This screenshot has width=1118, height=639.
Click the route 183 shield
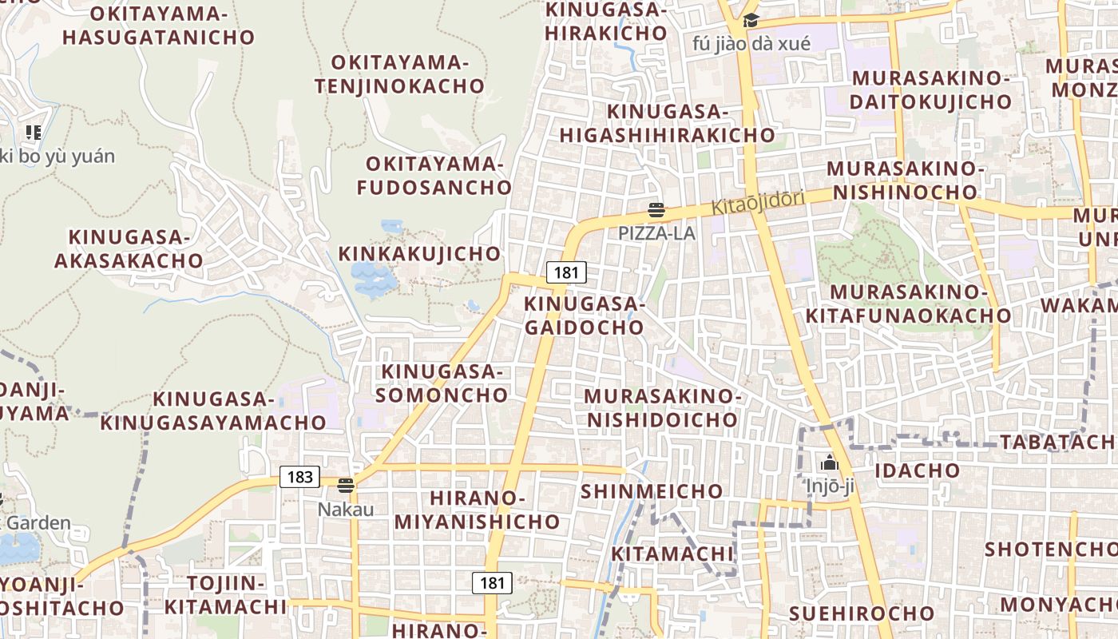click(299, 477)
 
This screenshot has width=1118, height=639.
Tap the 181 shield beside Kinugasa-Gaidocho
click(566, 272)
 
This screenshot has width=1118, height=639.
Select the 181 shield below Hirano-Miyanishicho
click(492, 583)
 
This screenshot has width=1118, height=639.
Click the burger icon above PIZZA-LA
click(656, 211)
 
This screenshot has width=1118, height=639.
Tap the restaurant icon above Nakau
click(346, 485)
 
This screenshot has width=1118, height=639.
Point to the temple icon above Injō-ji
click(830, 462)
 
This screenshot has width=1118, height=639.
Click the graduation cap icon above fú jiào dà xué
click(751, 21)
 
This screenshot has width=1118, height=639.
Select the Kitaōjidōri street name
click(757, 203)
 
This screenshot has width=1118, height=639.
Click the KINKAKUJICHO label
click(420, 254)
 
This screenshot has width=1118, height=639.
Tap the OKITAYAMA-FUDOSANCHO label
click(434, 176)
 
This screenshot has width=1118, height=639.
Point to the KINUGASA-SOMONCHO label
click(442, 383)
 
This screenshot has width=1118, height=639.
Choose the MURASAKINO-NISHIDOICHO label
click(663, 408)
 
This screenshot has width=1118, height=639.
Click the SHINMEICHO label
click(652, 491)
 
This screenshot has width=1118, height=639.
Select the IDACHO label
click(917, 470)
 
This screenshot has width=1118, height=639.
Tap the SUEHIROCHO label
click(862, 613)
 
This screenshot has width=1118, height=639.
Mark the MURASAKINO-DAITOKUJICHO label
click(931, 90)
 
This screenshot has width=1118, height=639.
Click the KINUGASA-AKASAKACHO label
click(129, 249)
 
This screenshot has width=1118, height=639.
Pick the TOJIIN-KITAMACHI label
click(225, 595)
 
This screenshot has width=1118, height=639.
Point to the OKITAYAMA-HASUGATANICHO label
click(158, 26)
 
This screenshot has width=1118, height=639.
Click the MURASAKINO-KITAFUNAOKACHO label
click(908, 304)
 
